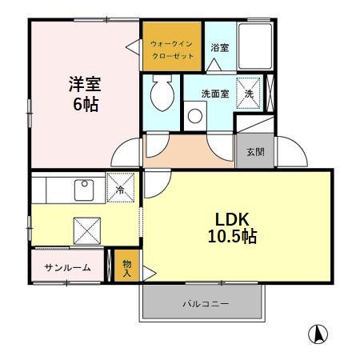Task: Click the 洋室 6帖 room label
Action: (82, 94)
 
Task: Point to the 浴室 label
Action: (219, 48)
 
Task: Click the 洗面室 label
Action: (214, 93)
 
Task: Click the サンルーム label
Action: (67, 267)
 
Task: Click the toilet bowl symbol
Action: (159, 95)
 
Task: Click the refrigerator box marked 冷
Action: (120, 189)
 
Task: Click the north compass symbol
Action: (318, 334)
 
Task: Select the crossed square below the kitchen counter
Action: (86, 230)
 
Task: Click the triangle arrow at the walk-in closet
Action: (132, 47)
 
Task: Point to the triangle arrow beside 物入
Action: (147, 272)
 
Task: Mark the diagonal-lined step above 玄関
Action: (252, 126)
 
